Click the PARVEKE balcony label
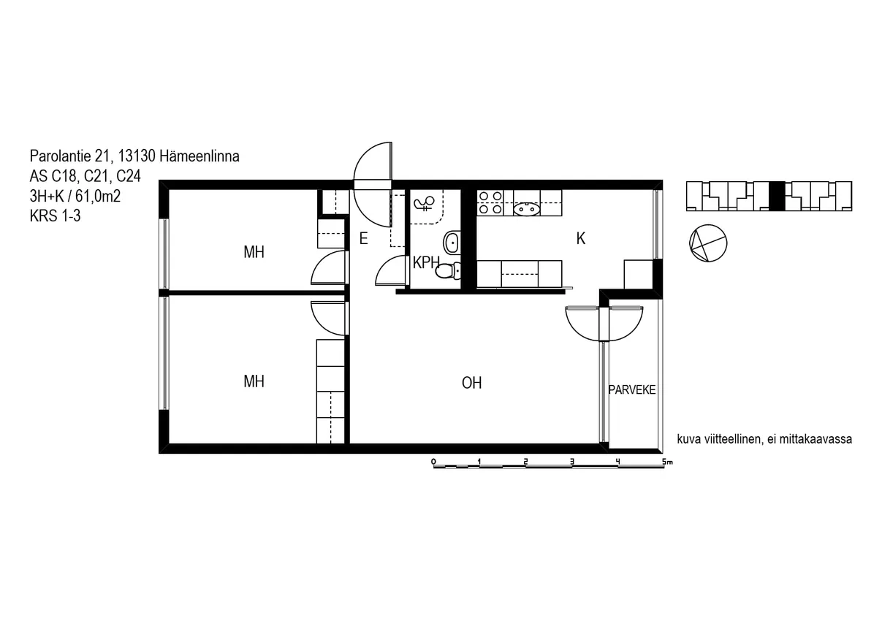[x=631, y=389]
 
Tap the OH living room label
[x=471, y=383]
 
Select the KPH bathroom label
[x=425, y=262]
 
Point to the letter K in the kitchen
[x=581, y=239]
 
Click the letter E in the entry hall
[x=363, y=239]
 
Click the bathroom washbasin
[x=452, y=243]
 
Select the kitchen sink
[x=526, y=209]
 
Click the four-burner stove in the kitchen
[x=490, y=202]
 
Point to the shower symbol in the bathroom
[x=424, y=204]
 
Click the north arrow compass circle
[x=708, y=243]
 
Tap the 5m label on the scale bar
[x=667, y=461]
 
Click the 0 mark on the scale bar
[x=433, y=461]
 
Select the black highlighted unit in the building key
[x=777, y=196]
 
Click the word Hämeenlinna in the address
[x=199, y=156]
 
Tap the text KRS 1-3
[x=55, y=216]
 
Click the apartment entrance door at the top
[x=373, y=185]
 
